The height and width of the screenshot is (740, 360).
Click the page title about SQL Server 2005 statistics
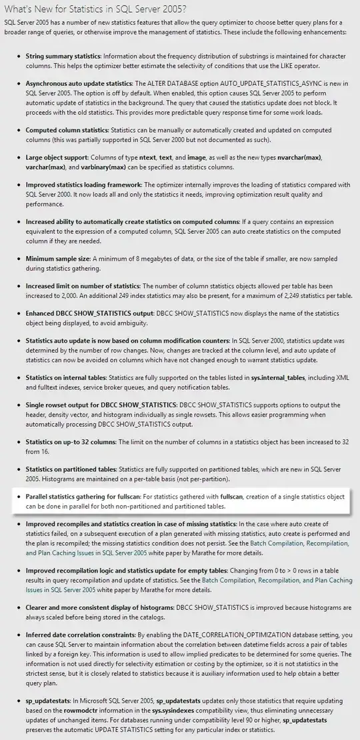tap(95, 8)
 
